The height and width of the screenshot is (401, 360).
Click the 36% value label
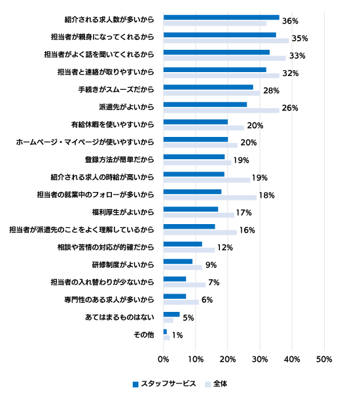coord(290,21)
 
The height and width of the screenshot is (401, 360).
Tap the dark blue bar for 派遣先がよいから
coord(205,105)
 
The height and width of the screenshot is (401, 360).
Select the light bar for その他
coord(167,338)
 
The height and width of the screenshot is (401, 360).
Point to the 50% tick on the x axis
coord(324,359)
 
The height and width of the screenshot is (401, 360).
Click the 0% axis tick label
coord(163,359)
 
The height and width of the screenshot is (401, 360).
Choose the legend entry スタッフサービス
coord(164,383)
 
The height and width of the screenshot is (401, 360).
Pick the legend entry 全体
coord(216,383)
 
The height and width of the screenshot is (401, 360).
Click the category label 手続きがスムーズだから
coord(116,90)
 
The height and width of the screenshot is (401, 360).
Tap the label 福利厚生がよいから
coord(123,212)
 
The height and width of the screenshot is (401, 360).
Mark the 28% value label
coord(271,91)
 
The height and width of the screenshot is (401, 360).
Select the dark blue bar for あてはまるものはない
coord(171,315)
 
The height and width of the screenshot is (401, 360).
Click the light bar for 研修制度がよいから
coord(183,267)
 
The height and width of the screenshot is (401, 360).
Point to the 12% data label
coord(225,248)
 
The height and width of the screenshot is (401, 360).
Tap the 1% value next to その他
coord(177,335)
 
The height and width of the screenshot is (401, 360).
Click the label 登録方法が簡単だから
coord(119,160)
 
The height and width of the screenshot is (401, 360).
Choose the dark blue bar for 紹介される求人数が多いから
coord(221,18)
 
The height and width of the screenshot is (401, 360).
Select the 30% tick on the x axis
coord(260,359)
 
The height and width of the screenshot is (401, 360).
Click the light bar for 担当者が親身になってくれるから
coord(226,41)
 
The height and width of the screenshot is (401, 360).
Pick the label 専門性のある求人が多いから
coord(109,299)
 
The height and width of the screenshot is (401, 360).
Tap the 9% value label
coord(211,265)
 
